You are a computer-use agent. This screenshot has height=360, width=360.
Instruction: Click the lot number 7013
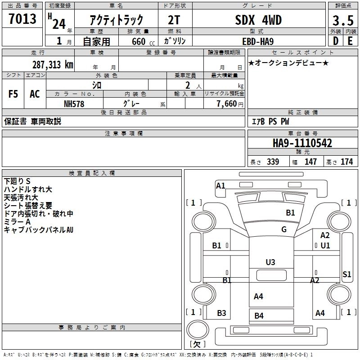pyautogui.click(x=22, y=19)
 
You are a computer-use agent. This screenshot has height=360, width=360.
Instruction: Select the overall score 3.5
pyautogui.click(x=342, y=21)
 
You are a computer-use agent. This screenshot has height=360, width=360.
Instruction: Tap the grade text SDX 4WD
pyautogui.click(x=258, y=20)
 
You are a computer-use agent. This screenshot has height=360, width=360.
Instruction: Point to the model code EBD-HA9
pyautogui.click(x=258, y=41)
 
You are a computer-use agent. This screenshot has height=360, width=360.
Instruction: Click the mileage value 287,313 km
pyautogui.click(x=53, y=64)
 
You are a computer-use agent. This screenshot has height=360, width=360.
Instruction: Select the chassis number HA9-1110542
pyautogui.click(x=302, y=143)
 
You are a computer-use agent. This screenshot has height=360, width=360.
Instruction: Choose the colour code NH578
pyautogui.click(x=74, y=103)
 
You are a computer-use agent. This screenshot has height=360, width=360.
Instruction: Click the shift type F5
pyautogui.click(x=13, y=94)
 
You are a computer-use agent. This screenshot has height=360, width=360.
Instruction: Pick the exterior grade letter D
pyautogui.click(x=335, y=41)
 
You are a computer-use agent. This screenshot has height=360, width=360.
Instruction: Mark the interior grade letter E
pyautogui.click(x=350, y=41)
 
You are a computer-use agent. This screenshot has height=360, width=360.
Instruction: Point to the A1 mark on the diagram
pyautogui.click(x=220, y=185)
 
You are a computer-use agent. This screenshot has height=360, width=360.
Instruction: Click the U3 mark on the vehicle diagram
pyautogui.click(x=270, y=262)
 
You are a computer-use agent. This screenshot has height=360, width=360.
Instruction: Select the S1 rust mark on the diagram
pyautogui.click(x=346, y=274)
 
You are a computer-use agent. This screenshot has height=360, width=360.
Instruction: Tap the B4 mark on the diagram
pyautogui.click(x=259, y=315)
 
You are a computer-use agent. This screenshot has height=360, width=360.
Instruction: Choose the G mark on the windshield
pyautogui.click(x=284, y=229)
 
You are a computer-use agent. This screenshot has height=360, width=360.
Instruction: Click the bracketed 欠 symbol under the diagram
pyautogui.click(x=197, y=344)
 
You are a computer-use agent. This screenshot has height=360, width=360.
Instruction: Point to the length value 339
pyautogui.click(x=272, y=162)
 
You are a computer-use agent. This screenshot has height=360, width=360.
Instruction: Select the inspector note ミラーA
pyautogui.click(x=17, y=221)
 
